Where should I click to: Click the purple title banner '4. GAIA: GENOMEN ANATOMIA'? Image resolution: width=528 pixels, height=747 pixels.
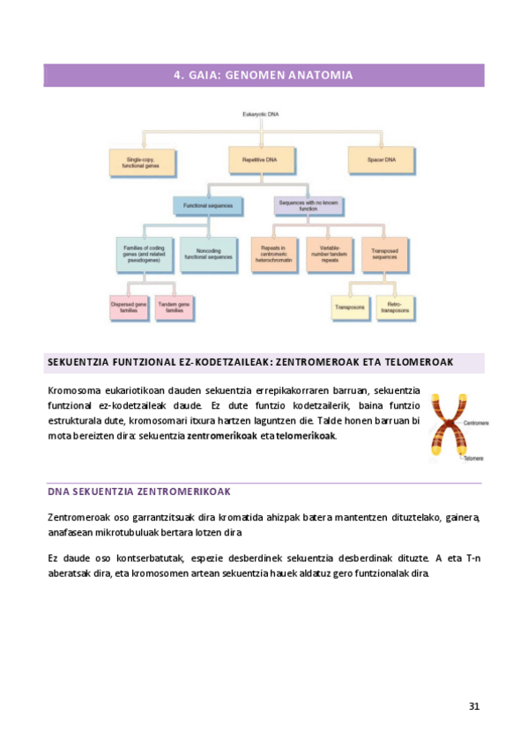tap(264, 76)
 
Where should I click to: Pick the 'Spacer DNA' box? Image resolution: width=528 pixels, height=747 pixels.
tap(381, 160)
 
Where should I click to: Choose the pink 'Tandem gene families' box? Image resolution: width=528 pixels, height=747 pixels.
tap(175, 307)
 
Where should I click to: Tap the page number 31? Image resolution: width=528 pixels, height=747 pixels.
tap(474, 706)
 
